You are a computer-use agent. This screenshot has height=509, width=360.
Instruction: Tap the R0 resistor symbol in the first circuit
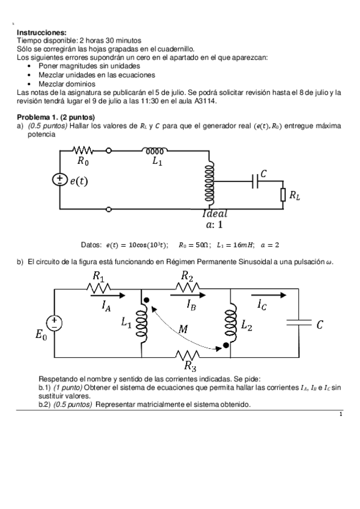click(82, 151)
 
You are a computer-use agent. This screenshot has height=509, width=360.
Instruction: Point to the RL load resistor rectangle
click(283, 194)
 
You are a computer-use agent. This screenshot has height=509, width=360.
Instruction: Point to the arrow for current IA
click(112, 295)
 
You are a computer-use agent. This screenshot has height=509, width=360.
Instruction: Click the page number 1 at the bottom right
click(341, 414)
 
